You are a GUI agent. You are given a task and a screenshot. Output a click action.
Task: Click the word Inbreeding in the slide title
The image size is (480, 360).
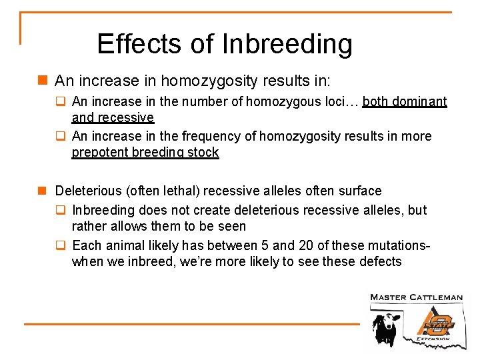[x=287, y=44]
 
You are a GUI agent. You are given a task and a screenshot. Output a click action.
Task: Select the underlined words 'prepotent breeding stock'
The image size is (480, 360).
[x=145, y=152]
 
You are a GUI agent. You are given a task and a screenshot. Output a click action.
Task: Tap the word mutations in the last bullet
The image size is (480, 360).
[x=397, y=245]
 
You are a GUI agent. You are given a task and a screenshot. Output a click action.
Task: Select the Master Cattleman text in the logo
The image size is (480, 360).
[x=416, y=297]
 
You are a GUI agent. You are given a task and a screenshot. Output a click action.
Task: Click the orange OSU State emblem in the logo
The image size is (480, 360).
[x=436, y=322]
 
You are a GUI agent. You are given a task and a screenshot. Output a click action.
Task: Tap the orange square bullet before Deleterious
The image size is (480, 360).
[x=42, y=191]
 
